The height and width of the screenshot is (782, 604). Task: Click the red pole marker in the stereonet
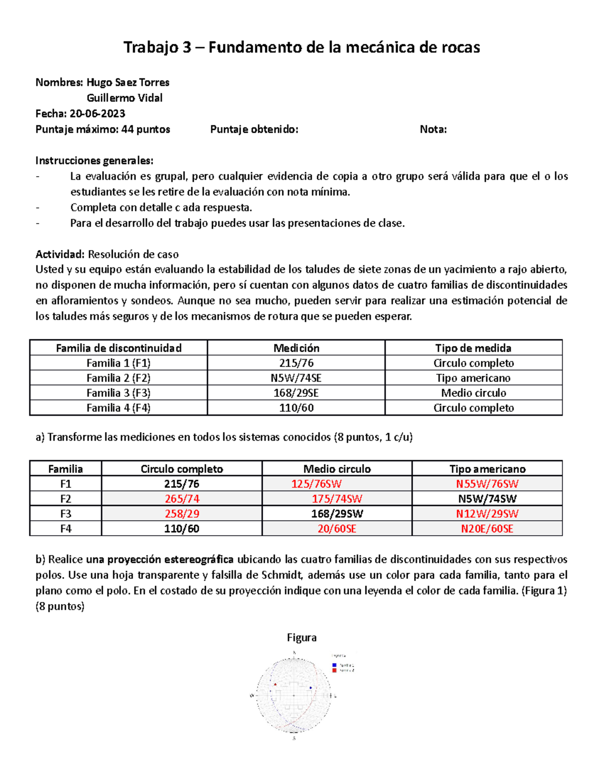(x=275, y=684)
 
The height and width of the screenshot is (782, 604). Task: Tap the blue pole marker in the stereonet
(x=311, y=687)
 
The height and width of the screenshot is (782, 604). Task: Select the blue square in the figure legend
(x=334, y=665)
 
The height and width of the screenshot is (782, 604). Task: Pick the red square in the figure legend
(x=334, y=671)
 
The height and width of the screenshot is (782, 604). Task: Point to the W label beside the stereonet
(x=252, y=696)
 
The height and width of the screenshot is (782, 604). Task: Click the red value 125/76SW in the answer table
(x=316, y=484)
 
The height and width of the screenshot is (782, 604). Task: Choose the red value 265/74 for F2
(x=182, y=499)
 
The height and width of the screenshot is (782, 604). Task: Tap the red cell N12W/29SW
(x=487, y=514)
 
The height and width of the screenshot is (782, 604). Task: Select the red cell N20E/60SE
(x=487, y=529)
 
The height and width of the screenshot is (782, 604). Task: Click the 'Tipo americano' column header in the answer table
(x=487, y=469)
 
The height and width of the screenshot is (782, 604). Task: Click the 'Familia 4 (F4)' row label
(x=118, y=408)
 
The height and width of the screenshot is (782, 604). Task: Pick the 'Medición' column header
(x=296, y=348)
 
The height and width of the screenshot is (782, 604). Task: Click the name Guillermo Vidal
(x=124, y=98)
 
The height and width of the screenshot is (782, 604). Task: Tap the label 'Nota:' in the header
(x=433, y=129)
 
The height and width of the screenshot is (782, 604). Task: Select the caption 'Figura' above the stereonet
(x=301, y=637)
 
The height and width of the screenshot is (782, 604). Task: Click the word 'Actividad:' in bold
(x=60, y=254)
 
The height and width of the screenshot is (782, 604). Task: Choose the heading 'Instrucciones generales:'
(x=94, y=161)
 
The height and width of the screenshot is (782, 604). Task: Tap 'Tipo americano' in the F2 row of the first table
(x=473, y=378)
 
